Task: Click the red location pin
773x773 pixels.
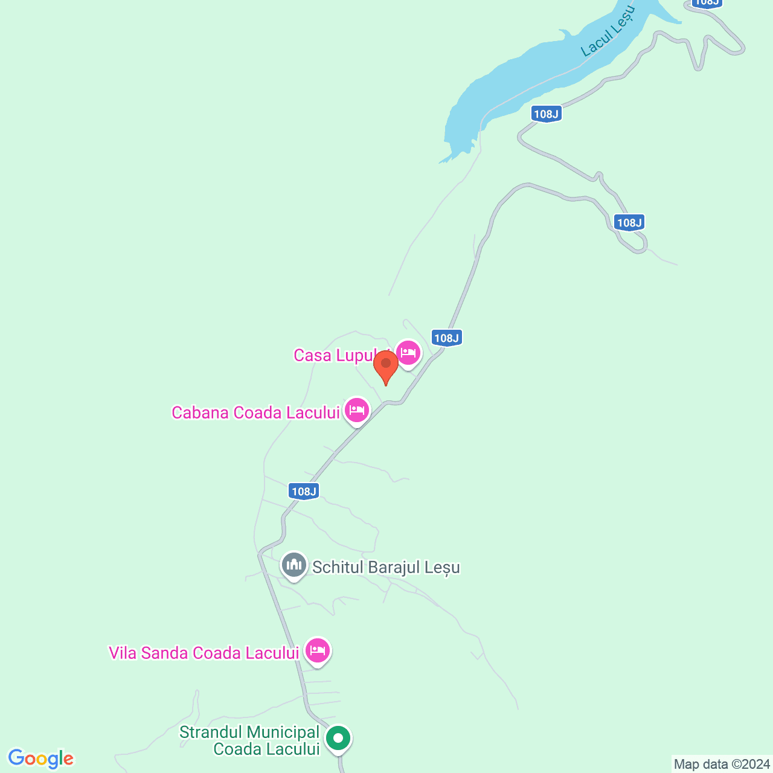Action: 385,365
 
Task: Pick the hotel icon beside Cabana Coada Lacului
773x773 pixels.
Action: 357,410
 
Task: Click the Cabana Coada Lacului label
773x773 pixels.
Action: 256,412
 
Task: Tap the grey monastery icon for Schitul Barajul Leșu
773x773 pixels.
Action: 294,565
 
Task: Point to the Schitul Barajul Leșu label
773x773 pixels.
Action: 386,568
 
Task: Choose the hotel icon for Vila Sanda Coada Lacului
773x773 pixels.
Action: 317,650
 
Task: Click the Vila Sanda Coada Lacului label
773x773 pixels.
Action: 204,653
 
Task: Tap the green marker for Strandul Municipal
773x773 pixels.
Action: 338,738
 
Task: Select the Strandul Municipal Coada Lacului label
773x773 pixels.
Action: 250,740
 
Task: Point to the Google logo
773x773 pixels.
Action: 40,759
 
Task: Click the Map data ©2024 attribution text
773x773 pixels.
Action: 722,765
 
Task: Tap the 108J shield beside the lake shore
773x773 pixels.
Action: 547,114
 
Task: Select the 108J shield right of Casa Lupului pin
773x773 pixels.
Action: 447,338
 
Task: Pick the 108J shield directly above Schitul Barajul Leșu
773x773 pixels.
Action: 304,491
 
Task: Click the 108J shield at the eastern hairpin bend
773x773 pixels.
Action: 629,222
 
